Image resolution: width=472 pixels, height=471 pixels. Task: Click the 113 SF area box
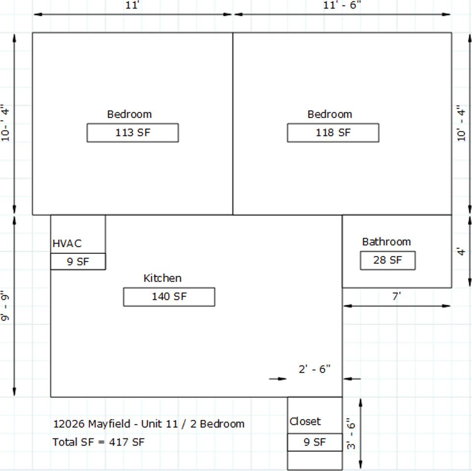point(133,133)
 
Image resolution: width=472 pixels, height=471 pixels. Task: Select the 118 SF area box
point(333,133)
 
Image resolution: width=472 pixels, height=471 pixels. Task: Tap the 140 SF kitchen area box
point(169,297)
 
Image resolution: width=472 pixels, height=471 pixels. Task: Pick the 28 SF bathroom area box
point(388,261)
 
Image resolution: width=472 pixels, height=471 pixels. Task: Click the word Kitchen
point(162,278)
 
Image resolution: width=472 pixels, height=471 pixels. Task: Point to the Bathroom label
point(387,242)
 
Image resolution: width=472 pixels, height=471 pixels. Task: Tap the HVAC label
point(67,243)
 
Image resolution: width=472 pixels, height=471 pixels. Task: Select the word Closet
point(305,421)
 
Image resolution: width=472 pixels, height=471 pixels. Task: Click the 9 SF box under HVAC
point(78,262)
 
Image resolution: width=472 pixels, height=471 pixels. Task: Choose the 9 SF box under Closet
point(315,442)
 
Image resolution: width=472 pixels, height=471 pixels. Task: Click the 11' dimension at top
point(132,5)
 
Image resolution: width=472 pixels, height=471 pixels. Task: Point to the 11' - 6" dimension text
point(342,5)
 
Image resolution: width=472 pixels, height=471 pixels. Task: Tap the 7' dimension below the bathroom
point(397,296)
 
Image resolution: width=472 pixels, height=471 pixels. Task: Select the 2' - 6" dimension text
point(315,369)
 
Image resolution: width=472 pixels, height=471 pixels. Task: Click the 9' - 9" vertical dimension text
point(5,306)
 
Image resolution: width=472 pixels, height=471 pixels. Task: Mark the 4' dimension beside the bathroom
point(461,252)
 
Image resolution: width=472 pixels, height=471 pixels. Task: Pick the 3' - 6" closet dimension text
point(351,434)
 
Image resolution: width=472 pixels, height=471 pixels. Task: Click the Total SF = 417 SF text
point(99,442)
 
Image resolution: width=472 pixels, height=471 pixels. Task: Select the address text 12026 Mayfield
point(92,424)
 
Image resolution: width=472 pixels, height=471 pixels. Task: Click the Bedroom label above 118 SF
point(330,114)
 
